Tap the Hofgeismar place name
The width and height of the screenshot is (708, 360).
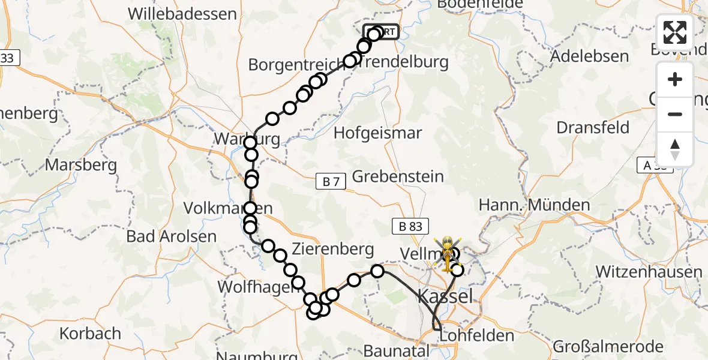(x=379, y=133)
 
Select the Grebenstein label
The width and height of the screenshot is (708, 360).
(x=398, y=176)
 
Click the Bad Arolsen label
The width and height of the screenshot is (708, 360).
(x=171, y=236)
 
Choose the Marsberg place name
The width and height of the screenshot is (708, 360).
(x=84, y=164)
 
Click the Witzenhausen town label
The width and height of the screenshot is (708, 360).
(x=649, y=272)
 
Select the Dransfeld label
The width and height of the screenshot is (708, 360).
(x=593, y=128)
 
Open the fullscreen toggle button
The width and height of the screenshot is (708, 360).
(x=675, y=32)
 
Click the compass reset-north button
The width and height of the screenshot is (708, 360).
(x=675, y=149)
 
